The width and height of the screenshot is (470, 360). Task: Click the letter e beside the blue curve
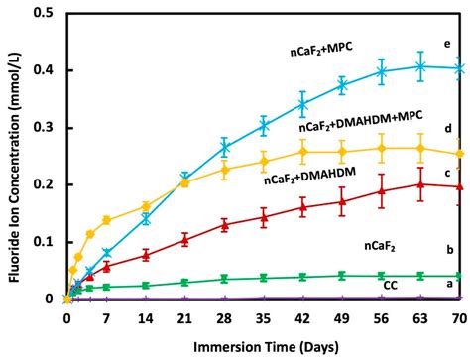click(447, 45)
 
